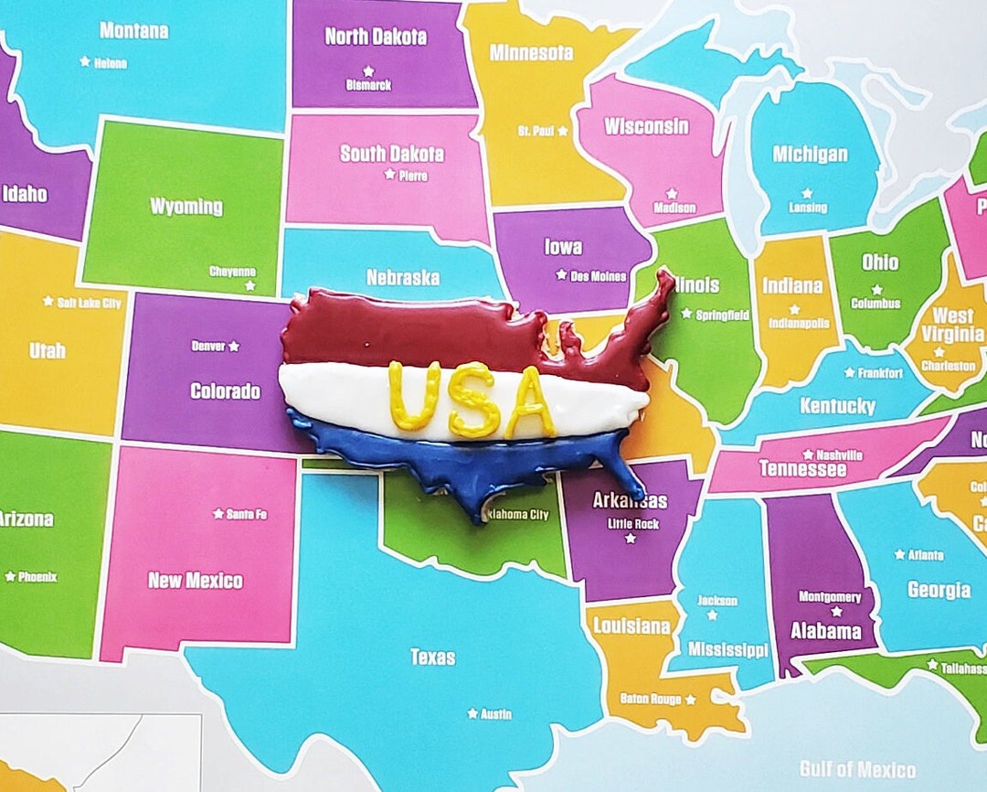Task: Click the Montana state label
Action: (x=133, y=30)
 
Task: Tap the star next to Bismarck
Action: (x=368, y=70)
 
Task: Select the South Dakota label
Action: (x=392, y=154)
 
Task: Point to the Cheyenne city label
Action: (x=232, y=272)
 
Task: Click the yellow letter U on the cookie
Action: (x=414, y=395)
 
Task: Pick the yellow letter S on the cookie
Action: (x=472, y=399)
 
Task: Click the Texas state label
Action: (x=432, y=657)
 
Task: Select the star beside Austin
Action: (x=472, y=713)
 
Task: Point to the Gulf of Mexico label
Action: (x=857, y=768)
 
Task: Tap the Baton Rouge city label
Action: (x=651, y=699)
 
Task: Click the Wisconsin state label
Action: (x=646, y=126)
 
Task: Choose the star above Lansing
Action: (x=807, y=193)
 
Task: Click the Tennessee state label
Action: (x=801, y=469)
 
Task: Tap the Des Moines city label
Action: (x=599, y=275)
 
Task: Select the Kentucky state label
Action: (x=837, y=405)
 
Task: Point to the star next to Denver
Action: (x=234, y=346)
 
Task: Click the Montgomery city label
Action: (x=830, y=597)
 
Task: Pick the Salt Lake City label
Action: (x=90, y=303)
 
